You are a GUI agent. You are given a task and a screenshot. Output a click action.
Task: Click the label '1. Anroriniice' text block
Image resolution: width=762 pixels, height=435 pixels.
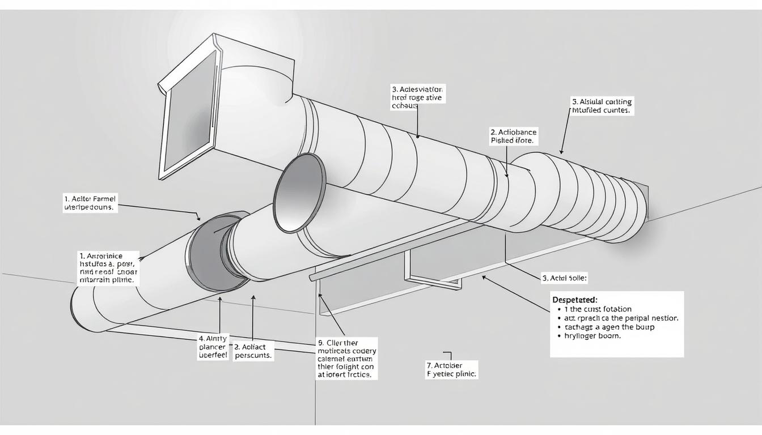tap(108, 267)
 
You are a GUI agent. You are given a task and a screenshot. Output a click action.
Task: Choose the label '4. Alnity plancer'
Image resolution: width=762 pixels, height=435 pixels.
tap(212, 347)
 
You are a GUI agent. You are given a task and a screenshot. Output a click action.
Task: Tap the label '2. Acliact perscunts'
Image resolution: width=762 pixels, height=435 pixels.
tap(253, 351)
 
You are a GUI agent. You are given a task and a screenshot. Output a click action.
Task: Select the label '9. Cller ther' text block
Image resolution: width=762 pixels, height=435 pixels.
tap(346, 359)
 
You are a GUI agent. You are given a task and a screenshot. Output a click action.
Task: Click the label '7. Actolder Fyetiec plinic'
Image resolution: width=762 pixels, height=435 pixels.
tap(452, 369)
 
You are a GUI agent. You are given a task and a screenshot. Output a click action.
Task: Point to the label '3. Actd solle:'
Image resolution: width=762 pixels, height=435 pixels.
tap(565, 278)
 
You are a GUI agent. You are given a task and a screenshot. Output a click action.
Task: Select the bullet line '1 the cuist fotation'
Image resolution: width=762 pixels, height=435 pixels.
tap(594, 309)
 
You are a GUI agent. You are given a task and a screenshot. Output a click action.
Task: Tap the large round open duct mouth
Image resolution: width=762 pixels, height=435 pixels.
tap(300, 193)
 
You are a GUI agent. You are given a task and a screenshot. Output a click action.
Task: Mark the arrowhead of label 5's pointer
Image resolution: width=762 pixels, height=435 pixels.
tap(562, 152)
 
